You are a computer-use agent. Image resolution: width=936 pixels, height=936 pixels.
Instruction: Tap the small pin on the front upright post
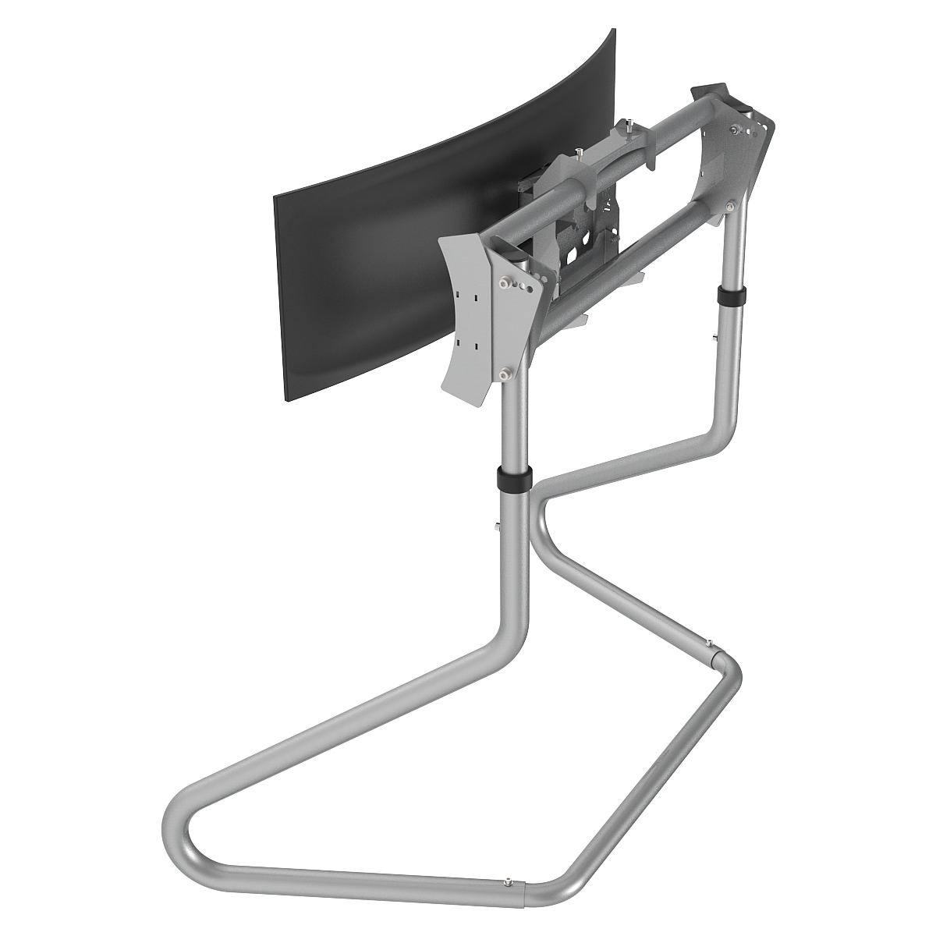pos(496,526)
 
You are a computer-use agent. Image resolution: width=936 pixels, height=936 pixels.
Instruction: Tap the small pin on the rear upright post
pos(714,337)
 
